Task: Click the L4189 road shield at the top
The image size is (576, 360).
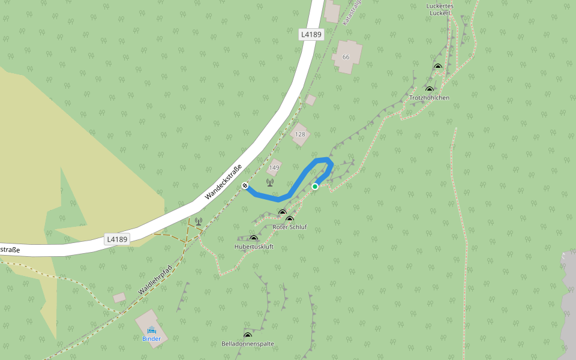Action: (x=311, y=35)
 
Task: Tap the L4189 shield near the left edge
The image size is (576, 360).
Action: (x=117, y=239)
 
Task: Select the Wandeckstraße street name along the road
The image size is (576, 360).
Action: (x=223, y=182)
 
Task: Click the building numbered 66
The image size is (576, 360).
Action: (x=346, y=57)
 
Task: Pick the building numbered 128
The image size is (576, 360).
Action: (x=300, y=134)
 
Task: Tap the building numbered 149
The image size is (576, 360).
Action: (x=274, y=167)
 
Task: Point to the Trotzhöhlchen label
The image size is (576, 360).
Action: (x=429, y=97)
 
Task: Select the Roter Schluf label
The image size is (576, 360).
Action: (x=290, y=227)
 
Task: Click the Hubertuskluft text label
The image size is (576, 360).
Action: (x=254, y=246)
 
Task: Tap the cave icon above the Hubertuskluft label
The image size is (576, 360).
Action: (x=253, y=238)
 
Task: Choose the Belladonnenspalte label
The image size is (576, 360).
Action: (x=248, y=344)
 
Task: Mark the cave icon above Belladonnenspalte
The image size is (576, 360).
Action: (x=247, y=335)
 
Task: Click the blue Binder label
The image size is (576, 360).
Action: (x=151, y=338)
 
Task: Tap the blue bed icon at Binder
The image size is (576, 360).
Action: (x=151, y=330)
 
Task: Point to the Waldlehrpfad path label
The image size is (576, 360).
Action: (x=155, y=280)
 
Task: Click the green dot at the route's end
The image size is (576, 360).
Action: (x=315, y=187)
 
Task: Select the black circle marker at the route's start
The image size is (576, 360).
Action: (x=245, y=186)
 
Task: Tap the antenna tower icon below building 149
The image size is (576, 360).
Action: (x=269, y=182)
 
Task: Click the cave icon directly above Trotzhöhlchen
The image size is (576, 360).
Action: (x=429, y=89)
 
